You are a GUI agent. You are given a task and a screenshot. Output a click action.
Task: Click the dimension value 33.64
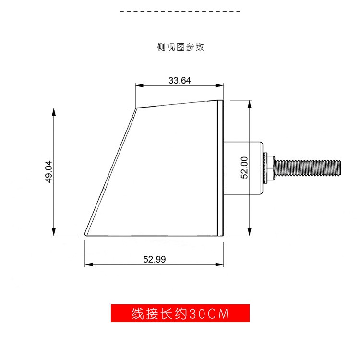(180, 81)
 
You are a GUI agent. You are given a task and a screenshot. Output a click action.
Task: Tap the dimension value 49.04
(48, 172)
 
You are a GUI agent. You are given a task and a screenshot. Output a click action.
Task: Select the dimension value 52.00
(244, 168)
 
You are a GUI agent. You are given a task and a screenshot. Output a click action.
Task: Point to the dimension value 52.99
(154, 259)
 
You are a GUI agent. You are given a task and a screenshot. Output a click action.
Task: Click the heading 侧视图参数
(180, 47)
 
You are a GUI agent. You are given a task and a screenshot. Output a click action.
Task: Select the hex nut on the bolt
(270, 168)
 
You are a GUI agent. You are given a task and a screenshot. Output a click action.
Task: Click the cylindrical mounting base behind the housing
(243, 168)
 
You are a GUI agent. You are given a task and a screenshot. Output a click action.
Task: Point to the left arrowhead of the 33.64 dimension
(138, 86)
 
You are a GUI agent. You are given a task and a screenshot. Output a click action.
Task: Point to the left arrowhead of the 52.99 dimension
(88, 264)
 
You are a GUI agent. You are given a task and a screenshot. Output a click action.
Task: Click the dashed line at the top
(180, 10)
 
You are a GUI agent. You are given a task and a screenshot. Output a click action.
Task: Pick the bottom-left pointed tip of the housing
(86, 234)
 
